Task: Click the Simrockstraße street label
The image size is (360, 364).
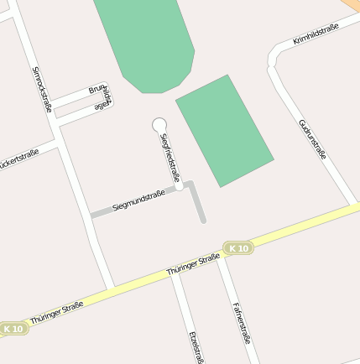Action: (42, 88)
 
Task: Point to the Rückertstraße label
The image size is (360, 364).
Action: (18, 159)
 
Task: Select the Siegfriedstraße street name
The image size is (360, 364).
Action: (170, 157)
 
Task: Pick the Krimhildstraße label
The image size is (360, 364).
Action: (316, 34)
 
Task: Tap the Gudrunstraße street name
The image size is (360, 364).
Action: (312, 138)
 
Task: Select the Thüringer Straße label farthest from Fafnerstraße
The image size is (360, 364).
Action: (56, 314)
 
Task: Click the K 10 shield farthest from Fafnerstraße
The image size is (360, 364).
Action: (13, 330)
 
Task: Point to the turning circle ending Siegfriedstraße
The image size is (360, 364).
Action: (159, 125)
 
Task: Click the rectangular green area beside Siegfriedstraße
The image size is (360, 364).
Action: (225, 130)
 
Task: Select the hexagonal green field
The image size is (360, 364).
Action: (145, 42)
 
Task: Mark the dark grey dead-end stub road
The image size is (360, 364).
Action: (198, 203)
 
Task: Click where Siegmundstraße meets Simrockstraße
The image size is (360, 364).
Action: (91, 215)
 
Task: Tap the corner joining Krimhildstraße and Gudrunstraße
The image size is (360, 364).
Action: (274, 60)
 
